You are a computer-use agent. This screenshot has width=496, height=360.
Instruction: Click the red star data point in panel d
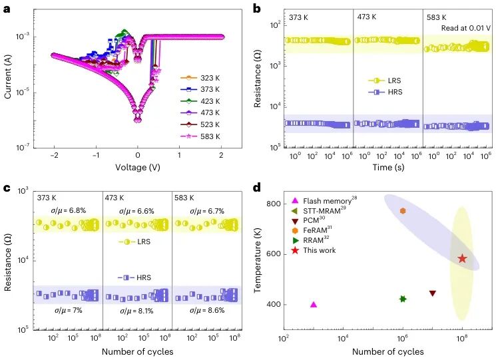click(462, 258)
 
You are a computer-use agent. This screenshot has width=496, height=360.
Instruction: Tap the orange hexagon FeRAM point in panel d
click(403, 211)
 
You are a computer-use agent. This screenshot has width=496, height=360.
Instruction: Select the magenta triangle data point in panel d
click(314, 304)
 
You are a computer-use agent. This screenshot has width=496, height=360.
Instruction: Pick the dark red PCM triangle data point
click(433, 293)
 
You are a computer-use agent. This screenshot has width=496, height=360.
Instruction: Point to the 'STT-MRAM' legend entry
click(322, 211)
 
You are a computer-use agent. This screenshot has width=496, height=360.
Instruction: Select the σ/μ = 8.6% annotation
click(206, 310)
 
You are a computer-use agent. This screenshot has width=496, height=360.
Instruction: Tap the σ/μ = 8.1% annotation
click(136, 310)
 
